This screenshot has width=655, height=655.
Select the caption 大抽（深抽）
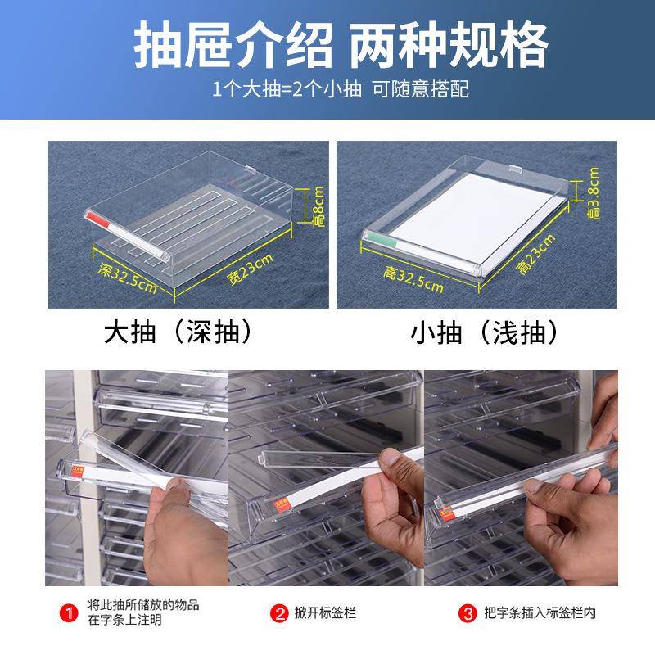[177, 333]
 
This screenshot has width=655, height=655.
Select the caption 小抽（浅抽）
[486, 333]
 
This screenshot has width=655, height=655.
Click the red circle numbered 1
[72, 611]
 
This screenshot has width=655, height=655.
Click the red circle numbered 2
[279, 612]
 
